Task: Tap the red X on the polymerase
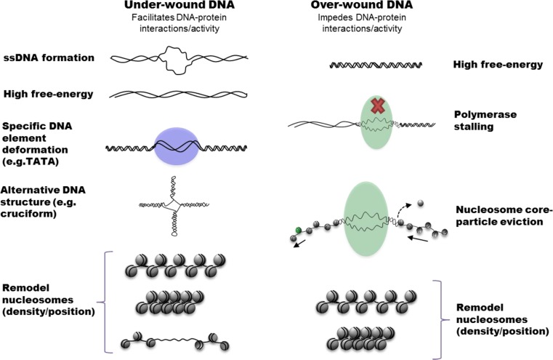point(376,105)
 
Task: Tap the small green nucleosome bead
point(298,231)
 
